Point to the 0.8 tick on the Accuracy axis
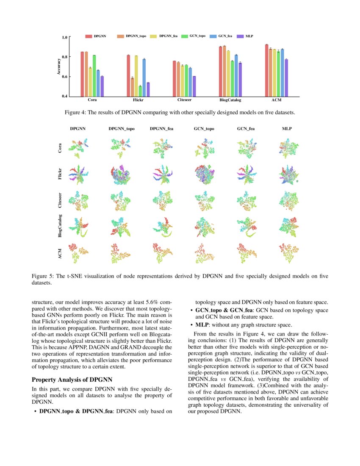click(65, 57)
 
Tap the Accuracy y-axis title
click(58, 67)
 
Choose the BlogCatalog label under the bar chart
click(230, 100)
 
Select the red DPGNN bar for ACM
click(266, 70)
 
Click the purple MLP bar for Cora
click(102, 86)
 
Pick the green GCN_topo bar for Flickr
click(140, 91)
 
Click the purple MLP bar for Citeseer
click(194, 86)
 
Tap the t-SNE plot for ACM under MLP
click(287, 253)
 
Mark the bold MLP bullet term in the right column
click(201, 325)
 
